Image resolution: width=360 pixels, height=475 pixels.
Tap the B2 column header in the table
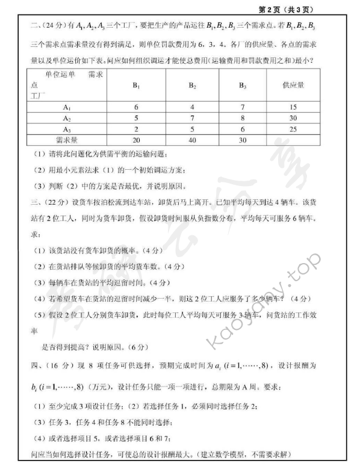pyautogui.click(x=192, y=86)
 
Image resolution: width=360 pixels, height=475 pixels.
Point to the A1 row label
pyautogui.click(x=66, y=107)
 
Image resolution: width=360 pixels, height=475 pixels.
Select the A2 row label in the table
pyautogui.click(x=66, y=118)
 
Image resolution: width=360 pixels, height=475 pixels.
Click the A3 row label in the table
pyautogui.click(x=66, y=129)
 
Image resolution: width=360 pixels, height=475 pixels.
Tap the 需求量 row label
pyautogui.click(x=66, y=140)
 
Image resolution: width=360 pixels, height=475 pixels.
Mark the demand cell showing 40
pyautogui.click(x=192, y=140)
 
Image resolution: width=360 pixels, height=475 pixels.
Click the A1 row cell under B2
pyautogui.click(x=192, y=107)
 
